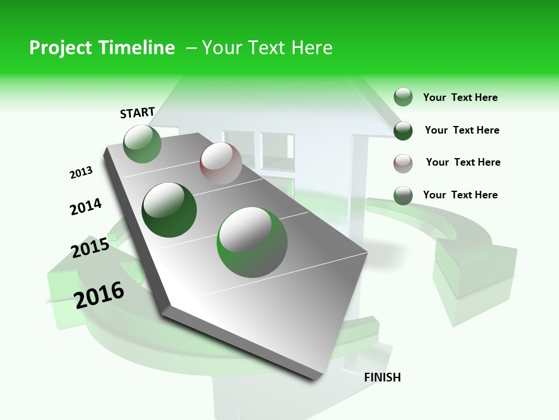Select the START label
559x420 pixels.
(137, 113)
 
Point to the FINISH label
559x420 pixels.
(383, 377)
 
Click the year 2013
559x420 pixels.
(81, 173)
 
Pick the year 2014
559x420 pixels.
(86, 206)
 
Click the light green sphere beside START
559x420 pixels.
(143, 144)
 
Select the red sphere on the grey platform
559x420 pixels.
(221, 164)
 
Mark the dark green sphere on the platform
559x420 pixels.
(169, 210)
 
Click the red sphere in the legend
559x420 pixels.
(403, 163)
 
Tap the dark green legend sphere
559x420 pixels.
(403, 131)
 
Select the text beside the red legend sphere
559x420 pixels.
(463, 162)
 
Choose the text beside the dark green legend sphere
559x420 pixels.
(462, 130)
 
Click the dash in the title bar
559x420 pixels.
(192, 48)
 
